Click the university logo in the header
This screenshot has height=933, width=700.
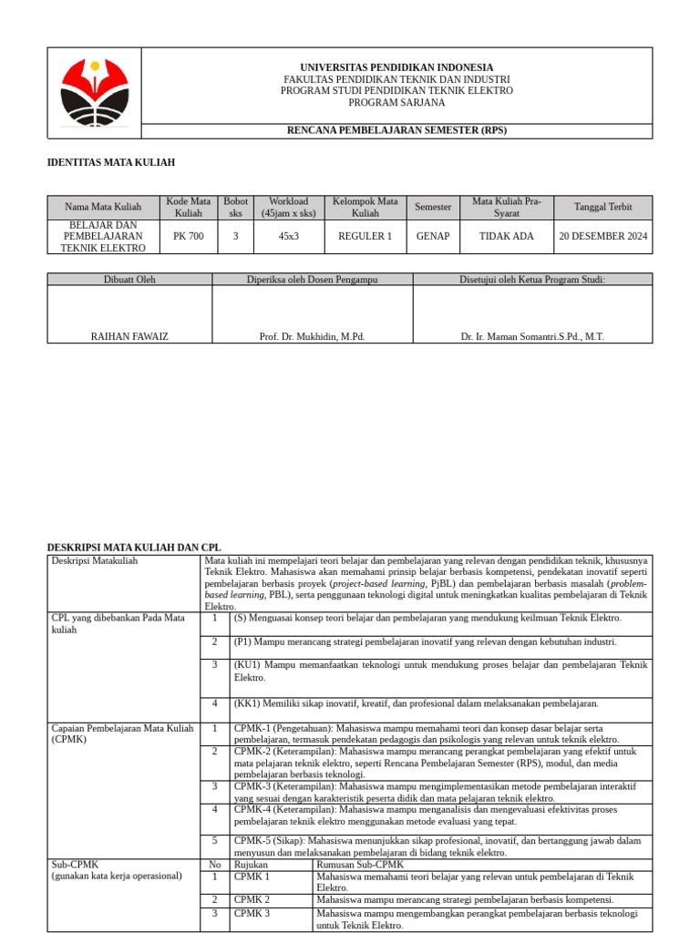coord(94,92)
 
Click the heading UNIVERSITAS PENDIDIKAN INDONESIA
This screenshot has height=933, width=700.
coord(396,67)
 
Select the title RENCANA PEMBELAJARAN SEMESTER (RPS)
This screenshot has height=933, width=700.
coord(396,130)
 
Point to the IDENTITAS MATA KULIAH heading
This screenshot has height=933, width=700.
coord(110,162)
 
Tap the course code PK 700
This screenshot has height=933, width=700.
coord(189,236)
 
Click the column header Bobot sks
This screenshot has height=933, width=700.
coord(235,207)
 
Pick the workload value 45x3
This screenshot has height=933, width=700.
coord(288,236)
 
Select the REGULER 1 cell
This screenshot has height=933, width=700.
coord(365,236)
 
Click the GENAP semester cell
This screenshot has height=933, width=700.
coord(433,236)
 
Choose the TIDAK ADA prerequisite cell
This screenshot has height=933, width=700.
coord(507,236)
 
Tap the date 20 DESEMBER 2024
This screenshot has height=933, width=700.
coord(602,236)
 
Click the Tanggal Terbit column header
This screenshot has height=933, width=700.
coord(602,207)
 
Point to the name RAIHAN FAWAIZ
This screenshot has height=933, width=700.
coord(129,336)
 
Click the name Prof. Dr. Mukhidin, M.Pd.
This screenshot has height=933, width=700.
coord(312,336)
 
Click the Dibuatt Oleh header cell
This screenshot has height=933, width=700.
coord(129,279)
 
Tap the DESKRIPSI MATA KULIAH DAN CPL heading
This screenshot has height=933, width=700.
coord(134,547)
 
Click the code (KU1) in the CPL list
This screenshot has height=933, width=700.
coord(246,665)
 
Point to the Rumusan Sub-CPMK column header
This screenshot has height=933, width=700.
coord(359,864)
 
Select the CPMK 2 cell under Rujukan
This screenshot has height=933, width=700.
coord(252,899)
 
